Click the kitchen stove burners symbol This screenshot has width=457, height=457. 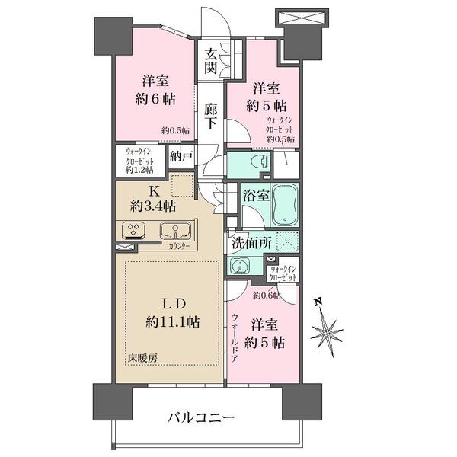[134, 230]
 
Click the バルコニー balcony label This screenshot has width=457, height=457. [197, 418]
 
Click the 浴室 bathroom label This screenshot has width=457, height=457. [255, 195]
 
